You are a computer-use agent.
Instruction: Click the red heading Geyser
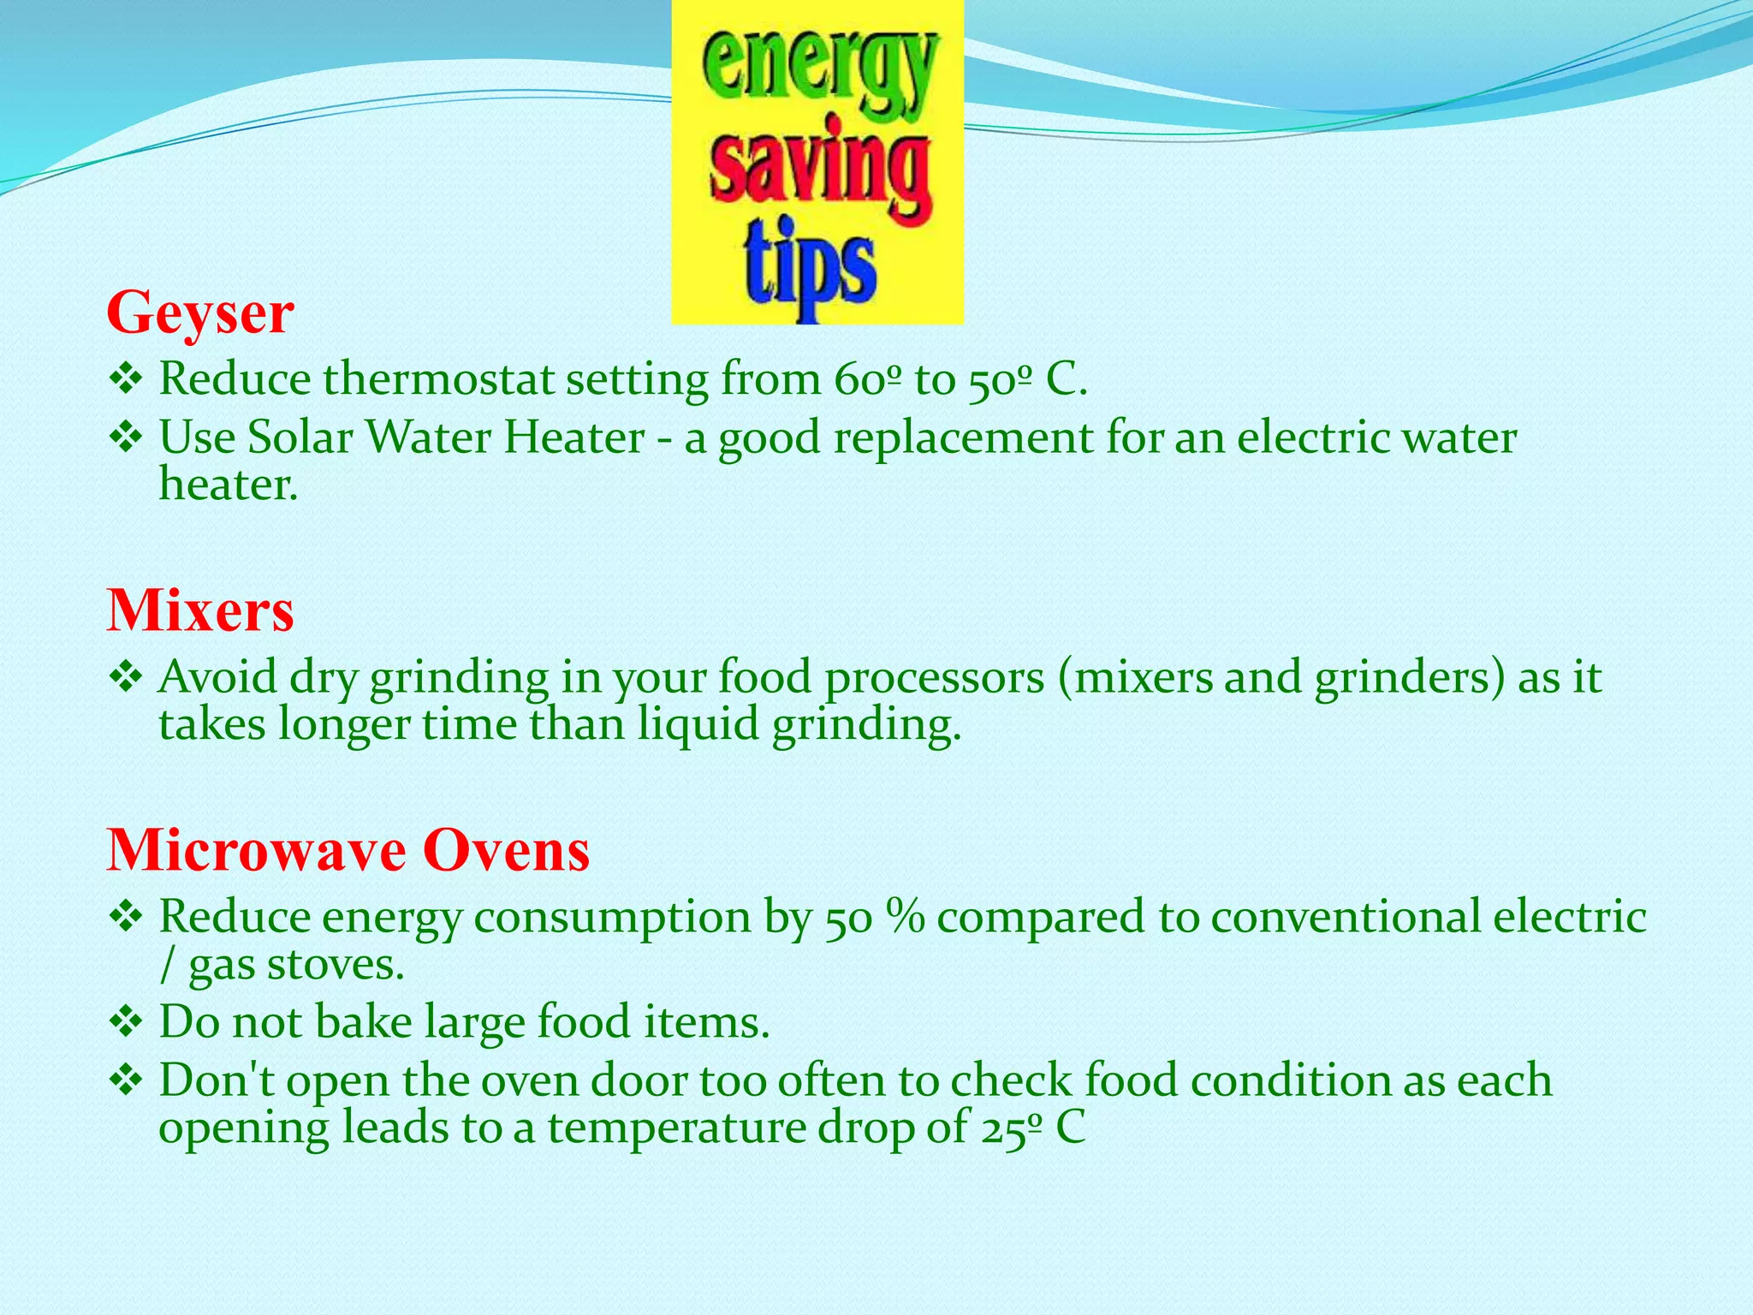point(200,313)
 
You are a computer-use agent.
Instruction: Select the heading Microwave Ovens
point(348,850)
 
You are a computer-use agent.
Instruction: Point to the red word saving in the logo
point(819,171)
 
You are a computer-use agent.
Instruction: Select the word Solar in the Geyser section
point(300,437)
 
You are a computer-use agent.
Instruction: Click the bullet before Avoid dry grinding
point(126,678)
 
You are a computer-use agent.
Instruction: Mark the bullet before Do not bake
point(126,1022)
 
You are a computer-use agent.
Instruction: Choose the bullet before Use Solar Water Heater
point(126,438)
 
